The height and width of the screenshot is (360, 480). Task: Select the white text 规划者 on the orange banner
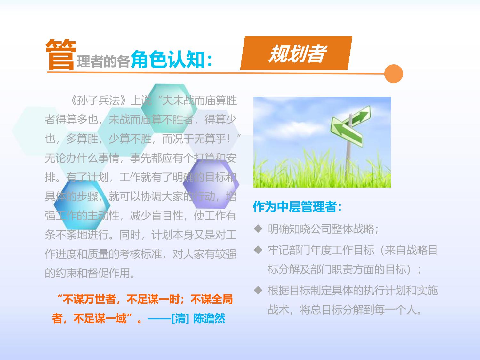point(297,53)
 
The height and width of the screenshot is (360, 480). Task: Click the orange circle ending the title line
point(393,74)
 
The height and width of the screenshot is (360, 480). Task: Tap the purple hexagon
point(211,184)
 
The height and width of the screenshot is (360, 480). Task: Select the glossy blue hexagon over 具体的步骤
point(82,205)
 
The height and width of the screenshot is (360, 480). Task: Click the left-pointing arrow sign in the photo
point(347,132)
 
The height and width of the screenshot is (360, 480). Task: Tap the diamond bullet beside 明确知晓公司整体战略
point(258,228)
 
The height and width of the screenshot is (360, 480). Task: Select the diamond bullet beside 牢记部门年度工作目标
point(258,250)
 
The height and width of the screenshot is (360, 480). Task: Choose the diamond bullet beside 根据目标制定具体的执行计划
point(258,290)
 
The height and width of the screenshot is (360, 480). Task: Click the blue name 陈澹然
point(209,318)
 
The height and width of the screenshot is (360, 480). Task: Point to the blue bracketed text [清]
point(180,318)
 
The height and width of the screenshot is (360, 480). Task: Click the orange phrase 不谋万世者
point(89,299)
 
